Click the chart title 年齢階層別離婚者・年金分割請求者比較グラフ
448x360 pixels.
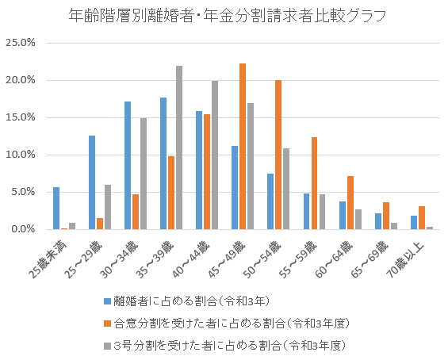tap(223, 15)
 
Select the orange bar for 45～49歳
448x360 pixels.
tap(243, 146)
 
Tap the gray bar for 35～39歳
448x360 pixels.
tap(179, 147)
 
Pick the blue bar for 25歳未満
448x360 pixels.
tap(56, 208)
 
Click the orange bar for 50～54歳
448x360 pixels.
tap(278, 154)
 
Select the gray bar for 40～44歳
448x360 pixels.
tap(215, 155)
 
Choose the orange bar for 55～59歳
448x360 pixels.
tap(314, 182)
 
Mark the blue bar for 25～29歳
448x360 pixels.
tap(92, 182)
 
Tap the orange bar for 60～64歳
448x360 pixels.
tap(350, 202)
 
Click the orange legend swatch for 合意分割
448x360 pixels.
tap(108, 324)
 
